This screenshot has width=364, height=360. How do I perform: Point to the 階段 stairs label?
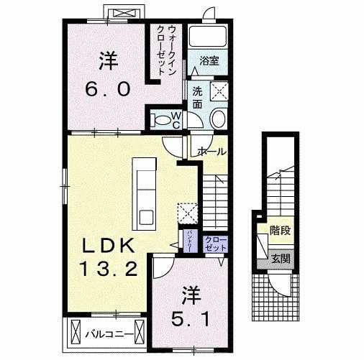pos(280,231)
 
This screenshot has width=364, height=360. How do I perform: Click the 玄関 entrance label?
pos(281,259)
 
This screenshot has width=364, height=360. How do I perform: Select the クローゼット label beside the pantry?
pos(214,244)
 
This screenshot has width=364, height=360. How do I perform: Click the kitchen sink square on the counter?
pos(145,216)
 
